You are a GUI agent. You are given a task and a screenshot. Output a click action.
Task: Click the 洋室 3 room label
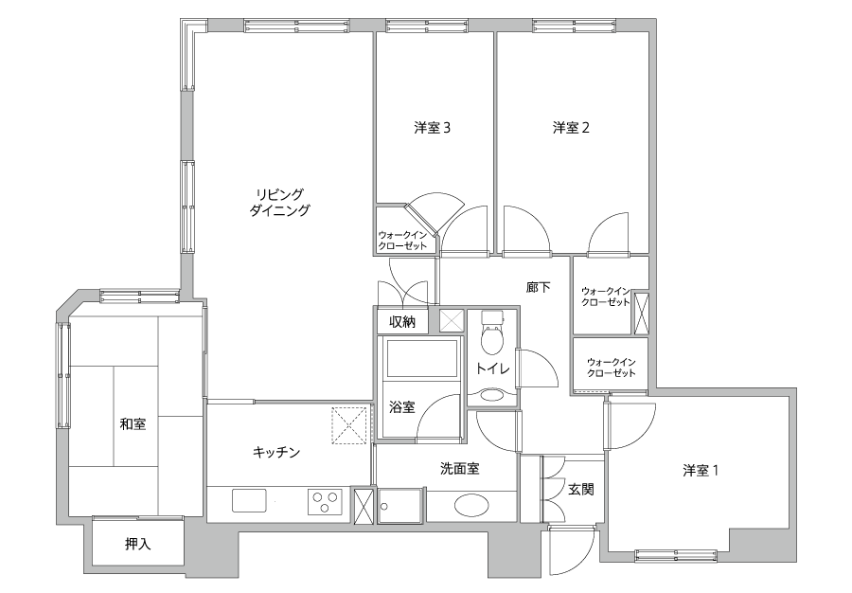point(432,128)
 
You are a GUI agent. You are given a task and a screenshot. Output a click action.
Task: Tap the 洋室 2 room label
point(571,128)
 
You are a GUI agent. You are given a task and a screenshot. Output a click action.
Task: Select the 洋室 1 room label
point(701,470)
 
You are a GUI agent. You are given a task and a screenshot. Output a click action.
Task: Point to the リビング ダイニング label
point(280,202)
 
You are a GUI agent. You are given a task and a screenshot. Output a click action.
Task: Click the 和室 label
point(133,424)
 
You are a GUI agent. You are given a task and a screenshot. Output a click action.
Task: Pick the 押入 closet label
point(138,544)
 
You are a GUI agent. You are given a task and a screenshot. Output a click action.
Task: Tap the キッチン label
point(276,452)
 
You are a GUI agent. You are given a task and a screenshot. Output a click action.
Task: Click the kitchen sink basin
point(249,500)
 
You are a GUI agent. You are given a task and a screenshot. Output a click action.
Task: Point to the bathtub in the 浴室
point(421,358)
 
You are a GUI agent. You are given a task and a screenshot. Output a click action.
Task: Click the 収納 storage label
point(402,322)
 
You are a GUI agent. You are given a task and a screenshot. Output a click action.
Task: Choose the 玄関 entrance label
point(581,489)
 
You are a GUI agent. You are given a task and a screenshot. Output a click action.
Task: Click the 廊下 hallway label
point(538,287)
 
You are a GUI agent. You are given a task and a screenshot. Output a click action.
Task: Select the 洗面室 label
point(460,469)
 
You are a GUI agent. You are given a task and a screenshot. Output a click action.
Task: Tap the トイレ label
point(493,369)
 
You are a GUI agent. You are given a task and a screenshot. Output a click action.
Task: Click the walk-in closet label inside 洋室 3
point(402,241)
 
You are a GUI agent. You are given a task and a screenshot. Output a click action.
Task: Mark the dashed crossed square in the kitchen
point(349,425)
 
